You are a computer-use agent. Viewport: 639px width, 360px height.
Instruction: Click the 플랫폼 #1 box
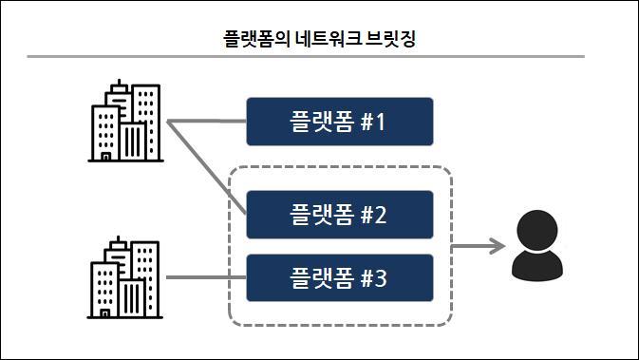pyautogui.click(x=339, y=122)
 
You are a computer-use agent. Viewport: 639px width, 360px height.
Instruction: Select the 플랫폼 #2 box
pyautogui.click(x=339, y=215)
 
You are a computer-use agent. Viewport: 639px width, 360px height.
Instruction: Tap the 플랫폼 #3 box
pyautogui.click(x=339, y=278)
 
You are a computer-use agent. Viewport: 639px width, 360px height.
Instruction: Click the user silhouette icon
pyautogui.click(x=536, y=246)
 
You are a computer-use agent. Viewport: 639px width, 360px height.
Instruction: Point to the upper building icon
pyautogui.click(x=124, y=122)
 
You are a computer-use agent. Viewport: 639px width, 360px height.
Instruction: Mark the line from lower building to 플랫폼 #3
pyautogui.click(x=205, y=278)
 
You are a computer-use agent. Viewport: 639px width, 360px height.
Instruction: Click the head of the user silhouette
pyautogui.click(x=536, y=231)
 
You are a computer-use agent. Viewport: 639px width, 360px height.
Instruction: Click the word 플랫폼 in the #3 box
pyautogui.click(x=321, y=279)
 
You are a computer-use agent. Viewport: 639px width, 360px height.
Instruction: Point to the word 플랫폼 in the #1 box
pyautogui.click(x=321, y=123)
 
